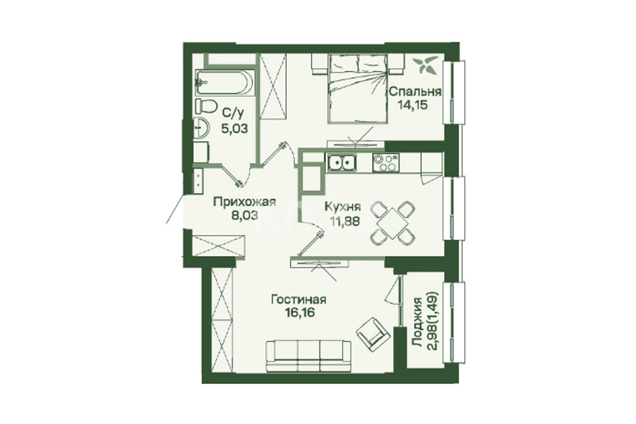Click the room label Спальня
pos(415,91)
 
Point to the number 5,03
pos(233,129)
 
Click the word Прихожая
pos(245,202)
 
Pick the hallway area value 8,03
pos(245,215)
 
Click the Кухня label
pos(343,207)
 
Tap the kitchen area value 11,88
pos(343,221)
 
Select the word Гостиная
pos(299,300)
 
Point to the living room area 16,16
pos(299,313)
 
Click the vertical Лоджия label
pos(417,322)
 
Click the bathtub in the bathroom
pos(225,83)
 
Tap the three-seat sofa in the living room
pos(309,355)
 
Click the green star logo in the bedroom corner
pos(425,65)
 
